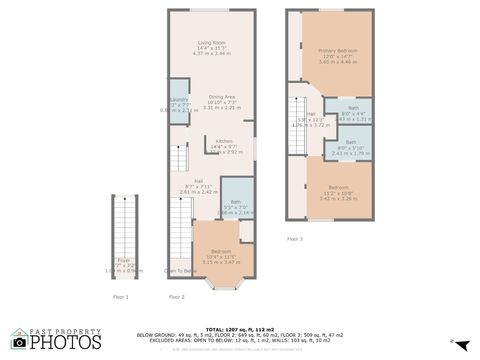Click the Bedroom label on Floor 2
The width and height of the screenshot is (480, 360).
221,251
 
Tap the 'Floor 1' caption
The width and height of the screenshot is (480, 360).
120,297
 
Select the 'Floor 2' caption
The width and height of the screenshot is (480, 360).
177,297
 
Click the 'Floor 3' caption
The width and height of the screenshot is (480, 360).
294,239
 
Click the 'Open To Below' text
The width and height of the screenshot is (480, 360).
181,271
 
